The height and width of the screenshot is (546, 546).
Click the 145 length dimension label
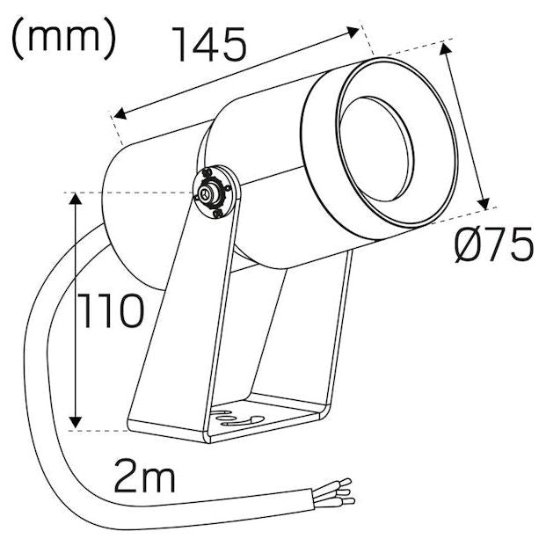(x=210, y=44)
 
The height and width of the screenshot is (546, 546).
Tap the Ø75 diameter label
(x=494, y=244)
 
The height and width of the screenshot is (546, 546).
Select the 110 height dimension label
(x=111, y=310)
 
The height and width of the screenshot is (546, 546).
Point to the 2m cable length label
(x=144, y=476)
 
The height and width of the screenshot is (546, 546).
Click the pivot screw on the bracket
(x=206, y=193)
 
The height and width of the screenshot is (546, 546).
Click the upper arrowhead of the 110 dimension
(x=75, y=199)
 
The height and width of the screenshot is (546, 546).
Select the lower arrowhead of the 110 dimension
(x=75, y=422)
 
